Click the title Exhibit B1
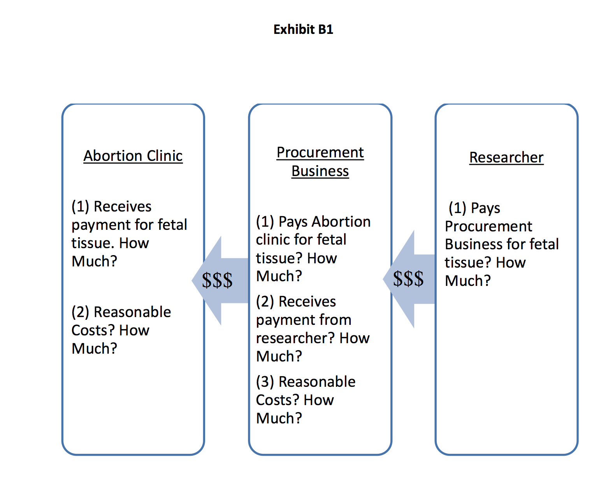point(303,29)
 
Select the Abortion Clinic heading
point(133,156)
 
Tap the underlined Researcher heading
point(506,157)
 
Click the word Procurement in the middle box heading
point(320,153)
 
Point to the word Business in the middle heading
point(320,171)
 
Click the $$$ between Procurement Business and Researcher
point(408,278)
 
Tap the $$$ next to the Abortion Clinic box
point(217,280)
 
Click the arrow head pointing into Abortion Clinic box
point(206,280)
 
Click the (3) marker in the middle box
point(265,382)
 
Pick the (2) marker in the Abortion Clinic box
point(81,312)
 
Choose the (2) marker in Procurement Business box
point(265,301)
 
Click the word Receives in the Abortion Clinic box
point(123,206)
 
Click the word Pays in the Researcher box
point(485,208)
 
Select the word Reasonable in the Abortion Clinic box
point(132,312)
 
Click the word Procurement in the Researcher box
point(489,226)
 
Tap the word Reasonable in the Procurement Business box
point(317,382)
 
